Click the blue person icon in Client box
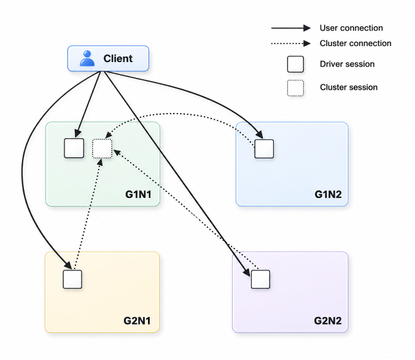87,58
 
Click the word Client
118,58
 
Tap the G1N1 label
138,195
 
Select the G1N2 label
328,195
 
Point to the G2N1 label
137,321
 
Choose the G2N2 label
328,321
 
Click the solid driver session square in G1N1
74,148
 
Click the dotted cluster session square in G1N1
102,149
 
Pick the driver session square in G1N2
264,149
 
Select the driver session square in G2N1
72,279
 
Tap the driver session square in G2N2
260,279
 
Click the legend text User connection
351,28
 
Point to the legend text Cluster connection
355,43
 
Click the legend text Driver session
347,64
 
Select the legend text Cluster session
349,87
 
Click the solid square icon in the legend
295,64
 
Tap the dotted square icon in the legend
295,88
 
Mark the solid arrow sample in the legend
291,28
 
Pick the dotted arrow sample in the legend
291,43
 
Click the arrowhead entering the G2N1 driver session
68,265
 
